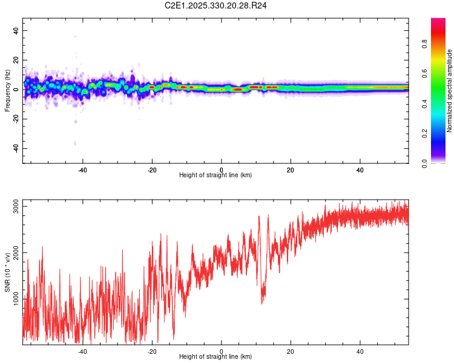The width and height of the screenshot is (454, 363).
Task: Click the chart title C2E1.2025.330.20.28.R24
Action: click(x=216, y=5)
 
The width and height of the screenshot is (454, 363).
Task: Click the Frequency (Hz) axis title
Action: click(x=7, y=90)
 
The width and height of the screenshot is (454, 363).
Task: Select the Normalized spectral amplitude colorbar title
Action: click(x=449, y=90)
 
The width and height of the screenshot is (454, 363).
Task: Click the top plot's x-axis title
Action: click(x=215, y=175)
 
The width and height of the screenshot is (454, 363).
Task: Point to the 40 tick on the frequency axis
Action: click(x=16, y=30)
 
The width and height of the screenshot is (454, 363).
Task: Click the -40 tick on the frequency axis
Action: click(x=15, y=149)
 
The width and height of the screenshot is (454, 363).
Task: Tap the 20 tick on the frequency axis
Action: click(x=16, y=60)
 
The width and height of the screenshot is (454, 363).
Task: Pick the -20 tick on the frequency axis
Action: click(x=15, y=119)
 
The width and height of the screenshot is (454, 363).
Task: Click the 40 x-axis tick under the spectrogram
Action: click(x=360, y=169)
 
